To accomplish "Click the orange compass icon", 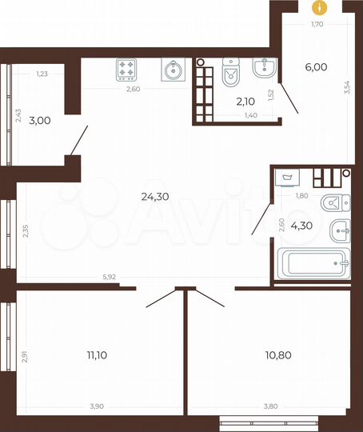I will [321, 8].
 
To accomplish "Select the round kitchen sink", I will [173, 71].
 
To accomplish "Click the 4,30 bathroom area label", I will [301, 226].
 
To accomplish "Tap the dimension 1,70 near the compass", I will [318, 25].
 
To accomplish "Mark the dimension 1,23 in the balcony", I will [42, 74].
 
